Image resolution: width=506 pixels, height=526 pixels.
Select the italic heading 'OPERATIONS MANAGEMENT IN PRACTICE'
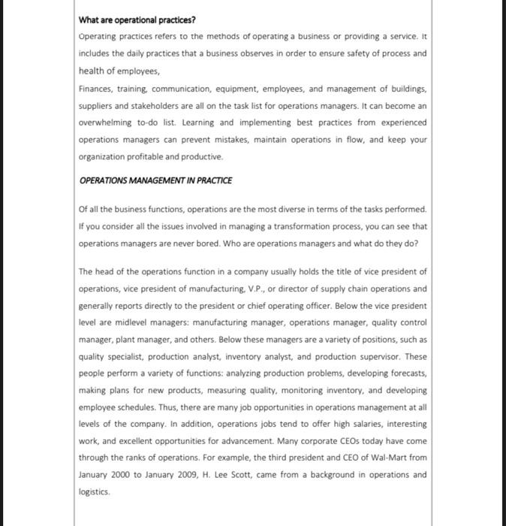click(155, 180)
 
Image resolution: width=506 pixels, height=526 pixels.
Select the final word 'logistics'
click(95, 491)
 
